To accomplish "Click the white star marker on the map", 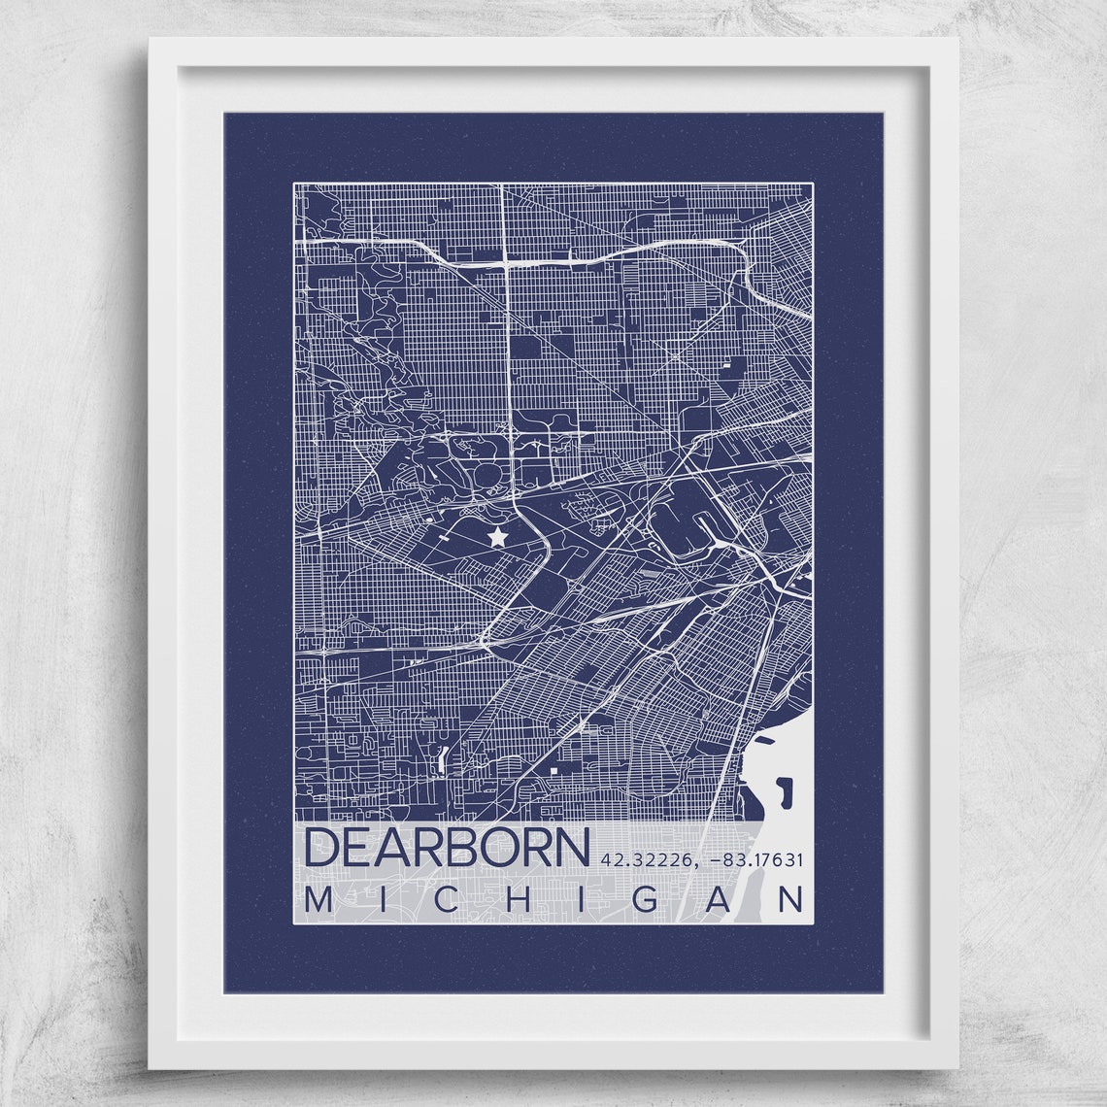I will point(497,535).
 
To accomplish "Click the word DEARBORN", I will point(447,848).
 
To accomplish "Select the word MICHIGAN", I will point(554,900).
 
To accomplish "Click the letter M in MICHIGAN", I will point(318,900).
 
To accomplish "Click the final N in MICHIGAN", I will point(793,900).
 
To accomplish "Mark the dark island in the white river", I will point(786,790).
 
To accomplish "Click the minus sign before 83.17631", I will point(716,859).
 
